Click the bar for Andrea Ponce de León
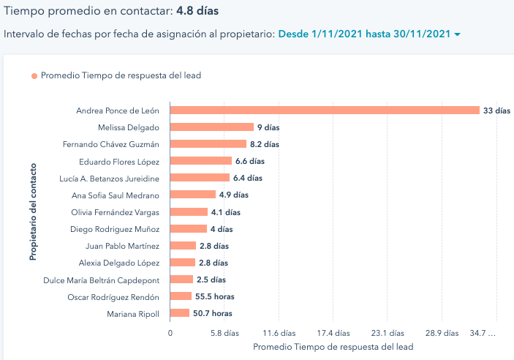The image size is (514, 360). coord(325,110)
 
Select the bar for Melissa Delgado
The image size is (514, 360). coord(212,127)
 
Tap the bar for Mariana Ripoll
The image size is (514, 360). coord(180,313)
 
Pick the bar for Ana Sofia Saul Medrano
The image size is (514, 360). coord(193,195)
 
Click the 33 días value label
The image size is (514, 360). coord(496,110)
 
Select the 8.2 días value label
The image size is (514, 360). coord(264,144)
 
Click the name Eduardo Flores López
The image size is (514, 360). coord(118,161)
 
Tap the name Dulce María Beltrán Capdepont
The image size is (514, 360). coord(113,280)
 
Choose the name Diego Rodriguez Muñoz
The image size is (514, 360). coord(118,228)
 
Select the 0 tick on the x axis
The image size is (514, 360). coord(170,333)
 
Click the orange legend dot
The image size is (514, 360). coord(34,75)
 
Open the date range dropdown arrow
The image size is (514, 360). coord(457,35)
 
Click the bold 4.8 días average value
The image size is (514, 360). coord(197,11)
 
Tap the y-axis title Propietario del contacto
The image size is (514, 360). coord(33,212)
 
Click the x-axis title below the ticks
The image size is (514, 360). coord(333,347)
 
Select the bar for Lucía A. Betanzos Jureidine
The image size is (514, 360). coord(200,178)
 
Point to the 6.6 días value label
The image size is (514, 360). coord(249,161)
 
